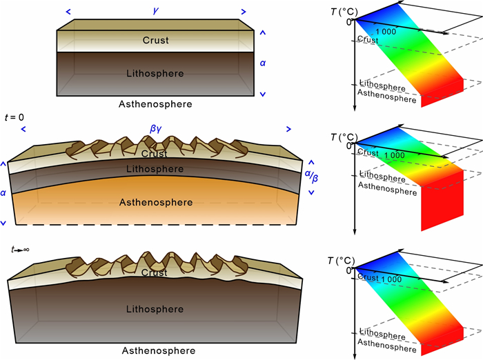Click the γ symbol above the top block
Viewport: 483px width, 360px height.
pos(155,12)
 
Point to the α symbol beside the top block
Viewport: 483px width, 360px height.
pos(262,62)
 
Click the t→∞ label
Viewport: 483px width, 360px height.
pos(18,249)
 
